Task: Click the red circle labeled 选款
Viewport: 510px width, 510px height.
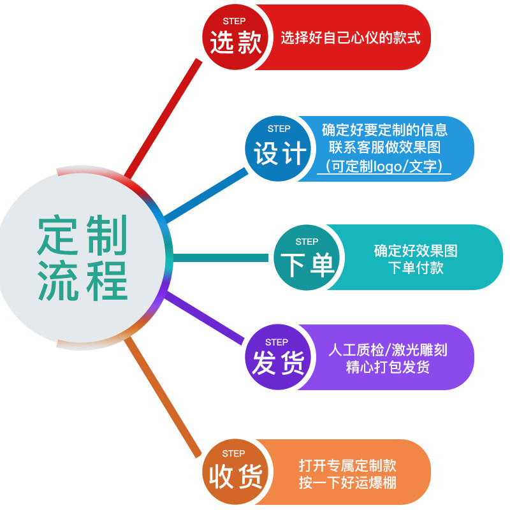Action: click(236, 37)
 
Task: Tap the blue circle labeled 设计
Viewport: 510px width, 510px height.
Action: click(278, 149)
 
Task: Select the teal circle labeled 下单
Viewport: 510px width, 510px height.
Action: click(307, 258)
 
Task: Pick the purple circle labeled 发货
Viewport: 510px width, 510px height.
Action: click(278, 357)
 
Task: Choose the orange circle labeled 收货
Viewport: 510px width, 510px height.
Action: click(236, 472)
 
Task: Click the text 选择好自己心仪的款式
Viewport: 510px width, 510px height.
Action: click(350, 38)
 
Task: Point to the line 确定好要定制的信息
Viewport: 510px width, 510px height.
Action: click(384, 130)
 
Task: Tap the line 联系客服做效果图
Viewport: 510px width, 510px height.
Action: click(384, 147)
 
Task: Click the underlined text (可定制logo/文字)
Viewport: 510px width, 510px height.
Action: click(384, 166)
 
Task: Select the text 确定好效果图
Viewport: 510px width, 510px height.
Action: click(416, 251)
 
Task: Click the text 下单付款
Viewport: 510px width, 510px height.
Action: click(416, 268)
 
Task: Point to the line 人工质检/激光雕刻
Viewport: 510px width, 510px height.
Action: click(388, 350)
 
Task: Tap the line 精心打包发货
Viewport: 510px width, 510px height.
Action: click(388, 367)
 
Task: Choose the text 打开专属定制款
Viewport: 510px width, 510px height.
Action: click(347, 465)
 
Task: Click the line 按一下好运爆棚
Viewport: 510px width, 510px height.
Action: click(347, 483)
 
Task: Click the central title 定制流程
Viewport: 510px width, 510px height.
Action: click(82, 258)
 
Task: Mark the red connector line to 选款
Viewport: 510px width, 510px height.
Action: click(163, 119)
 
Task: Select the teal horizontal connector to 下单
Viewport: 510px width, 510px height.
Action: click(221, 258)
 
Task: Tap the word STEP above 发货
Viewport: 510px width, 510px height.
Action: click(277, 342)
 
